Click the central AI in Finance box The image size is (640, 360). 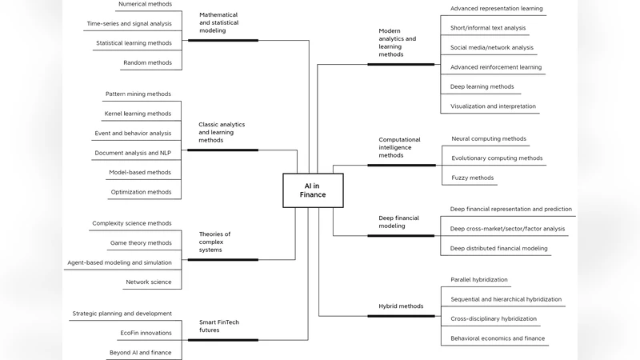click(313, 190)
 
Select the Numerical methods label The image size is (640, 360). click(144, 4)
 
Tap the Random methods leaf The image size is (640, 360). click(147, 62)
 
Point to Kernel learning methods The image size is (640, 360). click(138, 114)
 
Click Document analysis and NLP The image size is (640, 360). click(133, 152)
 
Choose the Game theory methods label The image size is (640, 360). click(141, 242)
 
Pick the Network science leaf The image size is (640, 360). click(148, 282)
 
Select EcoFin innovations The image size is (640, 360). click(146, 333)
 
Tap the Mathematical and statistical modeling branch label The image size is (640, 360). click(218, 24)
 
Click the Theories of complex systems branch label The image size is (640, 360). click(215, 242)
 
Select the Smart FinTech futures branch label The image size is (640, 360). click(219, 326)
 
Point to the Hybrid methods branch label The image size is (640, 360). click(401, 306)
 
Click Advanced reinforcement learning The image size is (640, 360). click(496, 67)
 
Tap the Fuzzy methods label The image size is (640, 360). click(473, 178)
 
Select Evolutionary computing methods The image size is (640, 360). click(497, 158)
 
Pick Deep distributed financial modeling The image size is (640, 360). click(499, 248)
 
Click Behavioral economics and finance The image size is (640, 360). click(498, 338)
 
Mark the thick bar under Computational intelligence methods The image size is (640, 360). click(401, 166)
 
